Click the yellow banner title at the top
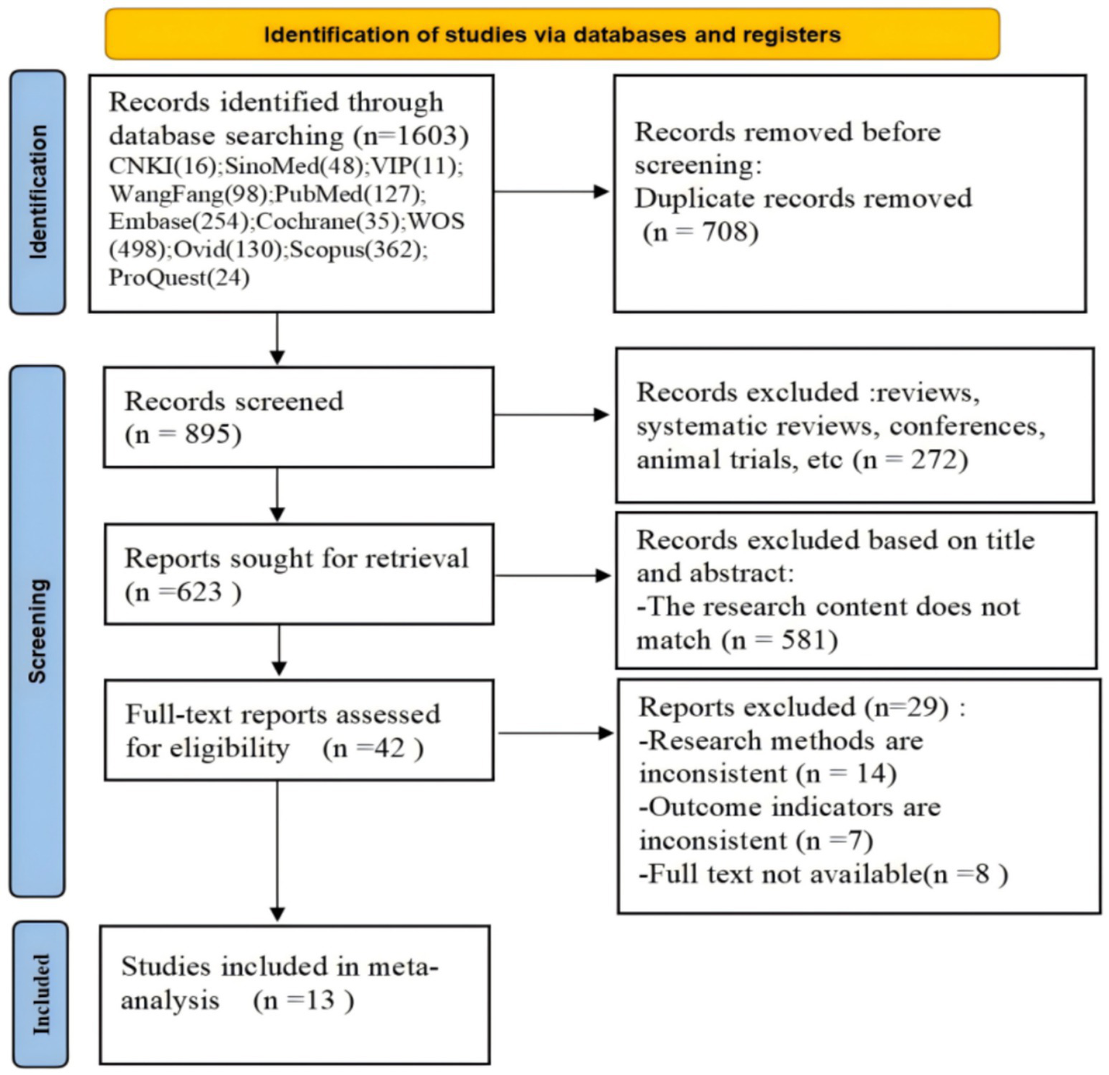pyautogui.click(x=552, y=34)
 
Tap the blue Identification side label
pyautogui.click(x=38, y=192)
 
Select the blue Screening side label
pyautogui.click(x=38, y=630)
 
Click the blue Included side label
pyautogui.click(x=40, y=993)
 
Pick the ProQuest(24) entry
pyautogui.click(x=179, y=278)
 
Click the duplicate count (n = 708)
pyautogui.click(x=700, y=232)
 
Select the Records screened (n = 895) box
pyautogui.click(x=298, y=417)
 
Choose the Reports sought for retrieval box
pyautogui.click(x=298, y=574)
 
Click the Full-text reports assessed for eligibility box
pyautogui.click(x=298, y=730)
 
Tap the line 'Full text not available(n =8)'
pyautogui.click(x=823, y=874)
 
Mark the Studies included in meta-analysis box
pyautogui.click(x=295, y=994)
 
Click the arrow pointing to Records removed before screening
pyautogui.click(x=553, y=192)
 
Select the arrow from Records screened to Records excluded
pyautogui.click(x=553, y=415)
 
